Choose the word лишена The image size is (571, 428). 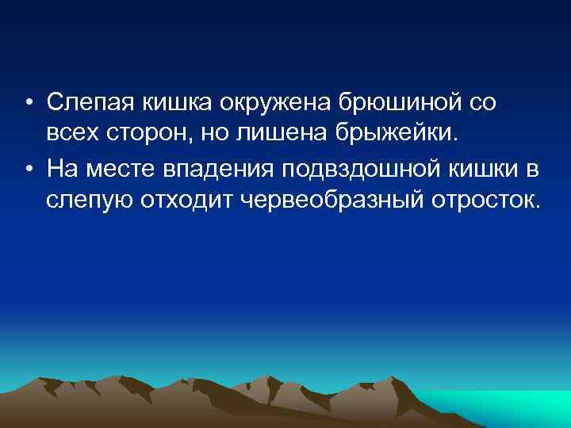point(275,132)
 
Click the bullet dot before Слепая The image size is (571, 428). point(29,103)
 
